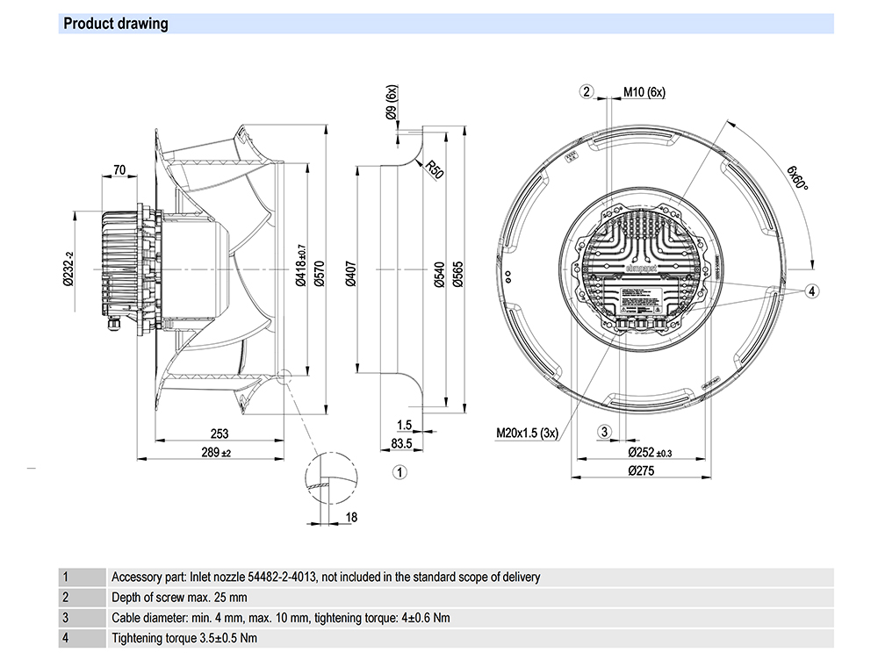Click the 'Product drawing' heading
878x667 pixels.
click(x=116, y=24)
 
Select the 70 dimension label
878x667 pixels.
click(x=119, y=170)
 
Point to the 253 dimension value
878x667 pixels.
click(x=219, y=434)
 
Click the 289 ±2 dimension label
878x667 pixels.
click(x=214, y=453)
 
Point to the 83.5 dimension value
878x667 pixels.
click(x=402, y=444)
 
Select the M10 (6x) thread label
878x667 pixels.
click(x=644, y=92)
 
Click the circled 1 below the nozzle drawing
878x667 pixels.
click(x=399, y=472)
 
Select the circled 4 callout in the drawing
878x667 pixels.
click(x=812, y=290)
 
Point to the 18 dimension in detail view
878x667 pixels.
click(x=351, y=517)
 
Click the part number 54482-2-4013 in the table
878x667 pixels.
click(x=272, y=577)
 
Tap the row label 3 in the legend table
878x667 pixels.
click(x=66, y=618)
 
